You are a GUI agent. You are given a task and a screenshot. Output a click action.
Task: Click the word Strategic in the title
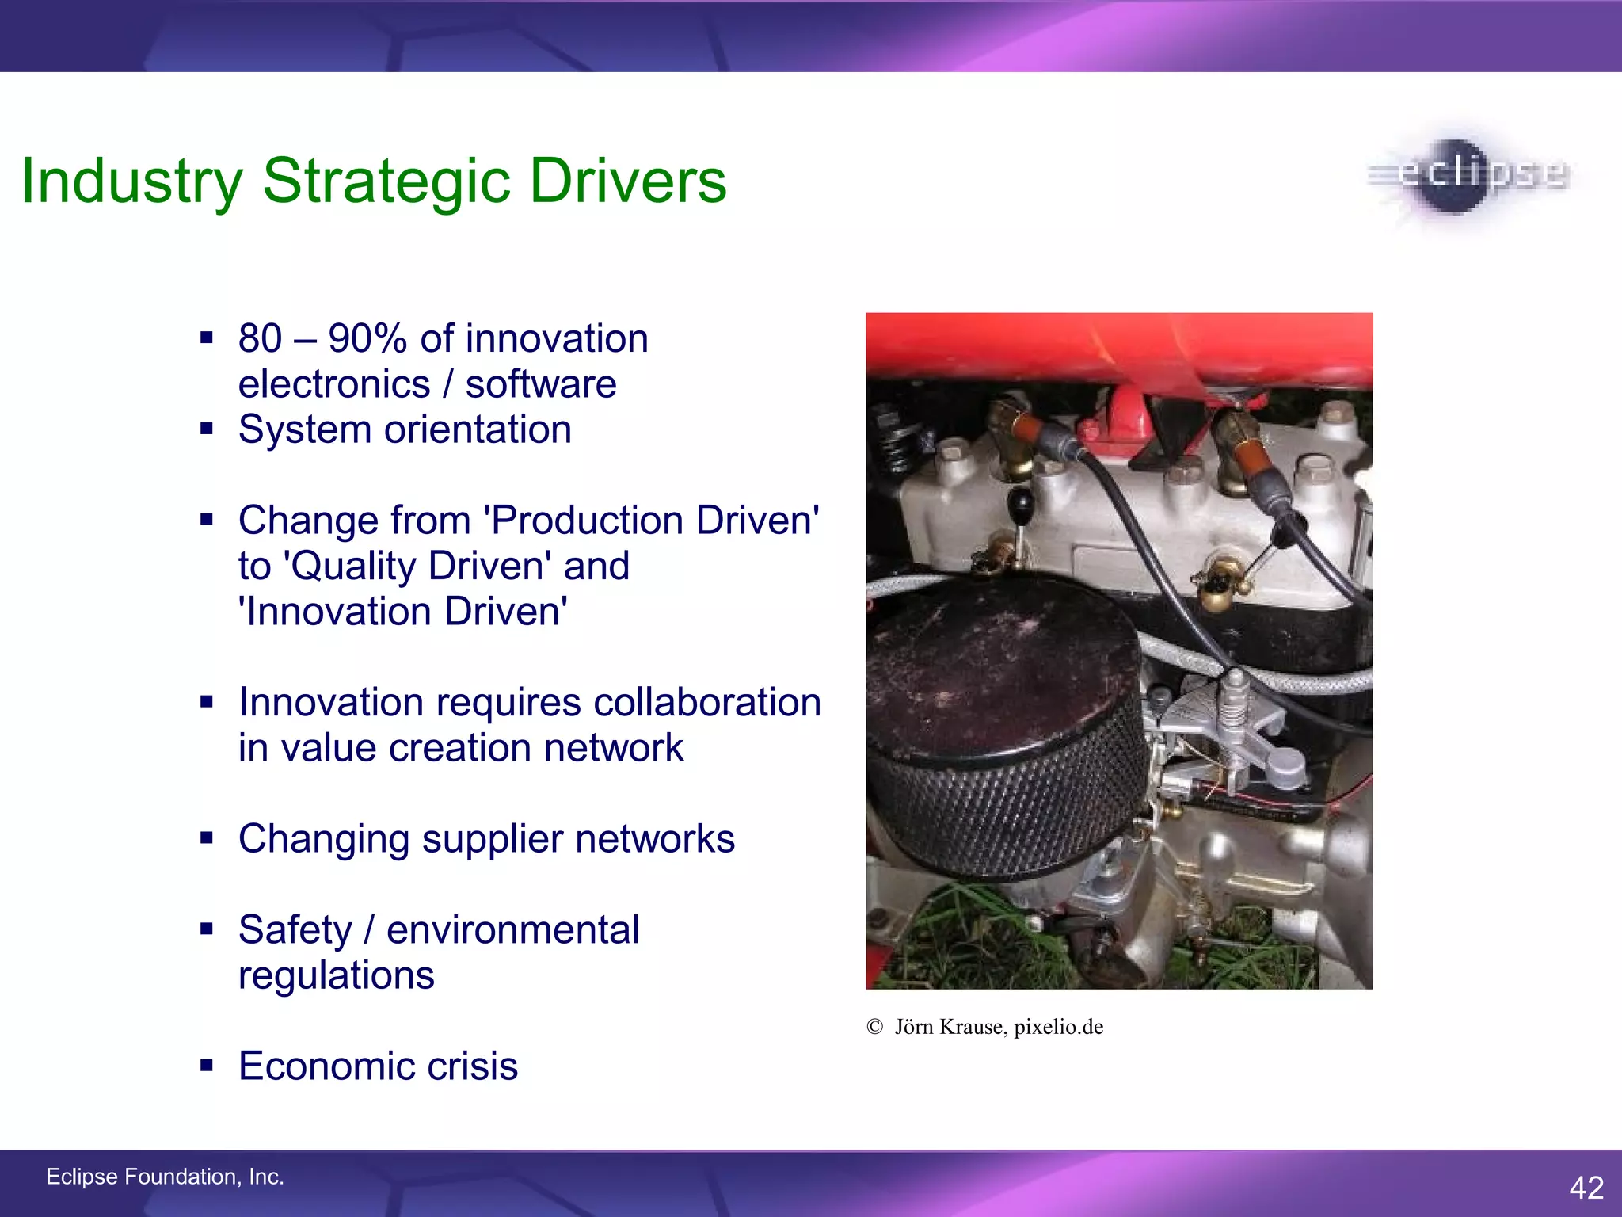click(x=386, y=182)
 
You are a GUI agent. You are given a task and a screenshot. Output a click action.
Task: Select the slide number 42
click(x=1586, y=1187)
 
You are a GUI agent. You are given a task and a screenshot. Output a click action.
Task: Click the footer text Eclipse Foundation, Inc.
click(x=165, y=1177)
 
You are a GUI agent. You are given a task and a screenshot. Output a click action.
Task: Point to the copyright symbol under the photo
click(x=874, y=1027)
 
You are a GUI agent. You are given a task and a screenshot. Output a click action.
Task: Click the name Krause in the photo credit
click(x=973, y=1027)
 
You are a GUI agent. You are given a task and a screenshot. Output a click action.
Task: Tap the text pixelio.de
click(x=1058, y=1027)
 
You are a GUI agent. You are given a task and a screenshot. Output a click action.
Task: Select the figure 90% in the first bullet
click(x=367, y=339)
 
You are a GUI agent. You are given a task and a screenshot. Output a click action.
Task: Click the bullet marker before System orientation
click(x=207, y=429)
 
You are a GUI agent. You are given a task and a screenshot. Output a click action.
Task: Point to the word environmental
click(x=512, y=930)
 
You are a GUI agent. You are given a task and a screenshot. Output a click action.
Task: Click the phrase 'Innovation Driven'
click(x=402, y=612)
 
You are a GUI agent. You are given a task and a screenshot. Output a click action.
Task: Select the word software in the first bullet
click(x=540, y=384)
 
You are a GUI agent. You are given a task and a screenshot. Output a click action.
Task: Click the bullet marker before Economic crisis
click(x=207, y=1066)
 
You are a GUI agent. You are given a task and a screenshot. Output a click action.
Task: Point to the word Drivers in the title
click(x=627, y=182)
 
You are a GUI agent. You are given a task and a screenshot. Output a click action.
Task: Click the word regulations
click(x=336, y=975)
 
